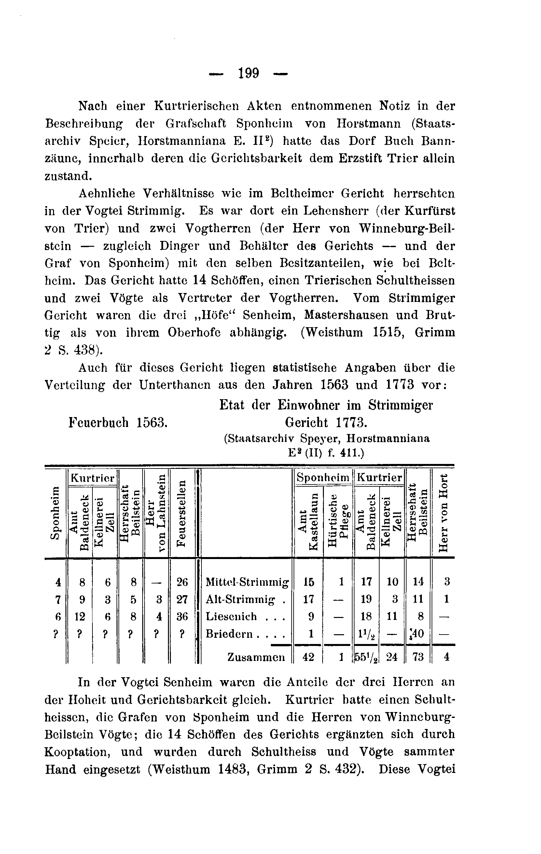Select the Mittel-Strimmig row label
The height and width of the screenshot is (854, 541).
coord(247,582)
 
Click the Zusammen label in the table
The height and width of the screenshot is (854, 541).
coord(256,657)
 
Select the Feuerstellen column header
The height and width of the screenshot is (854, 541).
coord(182,513)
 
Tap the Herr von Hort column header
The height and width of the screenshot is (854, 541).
coord(443,513)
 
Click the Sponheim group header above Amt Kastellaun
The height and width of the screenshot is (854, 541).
coord(323,478)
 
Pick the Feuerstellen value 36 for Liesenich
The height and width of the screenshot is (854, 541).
coord(182,617)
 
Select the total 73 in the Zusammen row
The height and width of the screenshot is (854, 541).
coord(418,657)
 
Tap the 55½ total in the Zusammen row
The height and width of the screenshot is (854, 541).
coord(367,657)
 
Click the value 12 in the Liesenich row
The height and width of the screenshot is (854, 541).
coord(80,617)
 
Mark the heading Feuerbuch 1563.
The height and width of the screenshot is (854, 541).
coord(118,422)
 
